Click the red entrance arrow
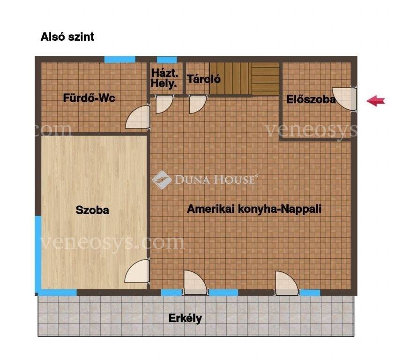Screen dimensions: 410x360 tap(376, 101)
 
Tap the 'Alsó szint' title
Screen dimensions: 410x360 tap(67, 37)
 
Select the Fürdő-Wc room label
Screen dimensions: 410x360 tap(89, 98)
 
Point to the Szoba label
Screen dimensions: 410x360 tap(92, 210)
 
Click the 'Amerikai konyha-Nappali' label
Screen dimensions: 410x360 tap(254, 209)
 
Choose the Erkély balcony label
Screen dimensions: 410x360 tap(185, 318)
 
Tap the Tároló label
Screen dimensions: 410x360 tap(204, 79)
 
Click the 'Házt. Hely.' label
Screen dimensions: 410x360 tap(164, 78)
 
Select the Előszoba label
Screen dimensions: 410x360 tap(311, 99)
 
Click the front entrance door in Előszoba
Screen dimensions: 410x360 tap(344, 98)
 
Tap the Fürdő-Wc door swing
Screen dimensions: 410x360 tap(138, 117)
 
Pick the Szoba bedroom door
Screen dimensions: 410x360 tap(137, 271)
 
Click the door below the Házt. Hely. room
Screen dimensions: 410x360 tap(164, 104)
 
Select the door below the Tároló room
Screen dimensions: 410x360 tap(198, 104)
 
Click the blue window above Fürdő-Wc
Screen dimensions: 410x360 tap(120, 60)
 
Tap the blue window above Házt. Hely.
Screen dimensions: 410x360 tap(166, 60)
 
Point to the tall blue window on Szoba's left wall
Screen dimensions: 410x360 tap(38, 254)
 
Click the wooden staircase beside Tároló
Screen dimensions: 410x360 tap(244, 79)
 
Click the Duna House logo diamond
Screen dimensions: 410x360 tap(162, 180)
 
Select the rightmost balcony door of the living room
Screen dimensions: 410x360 tap(287, 283)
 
